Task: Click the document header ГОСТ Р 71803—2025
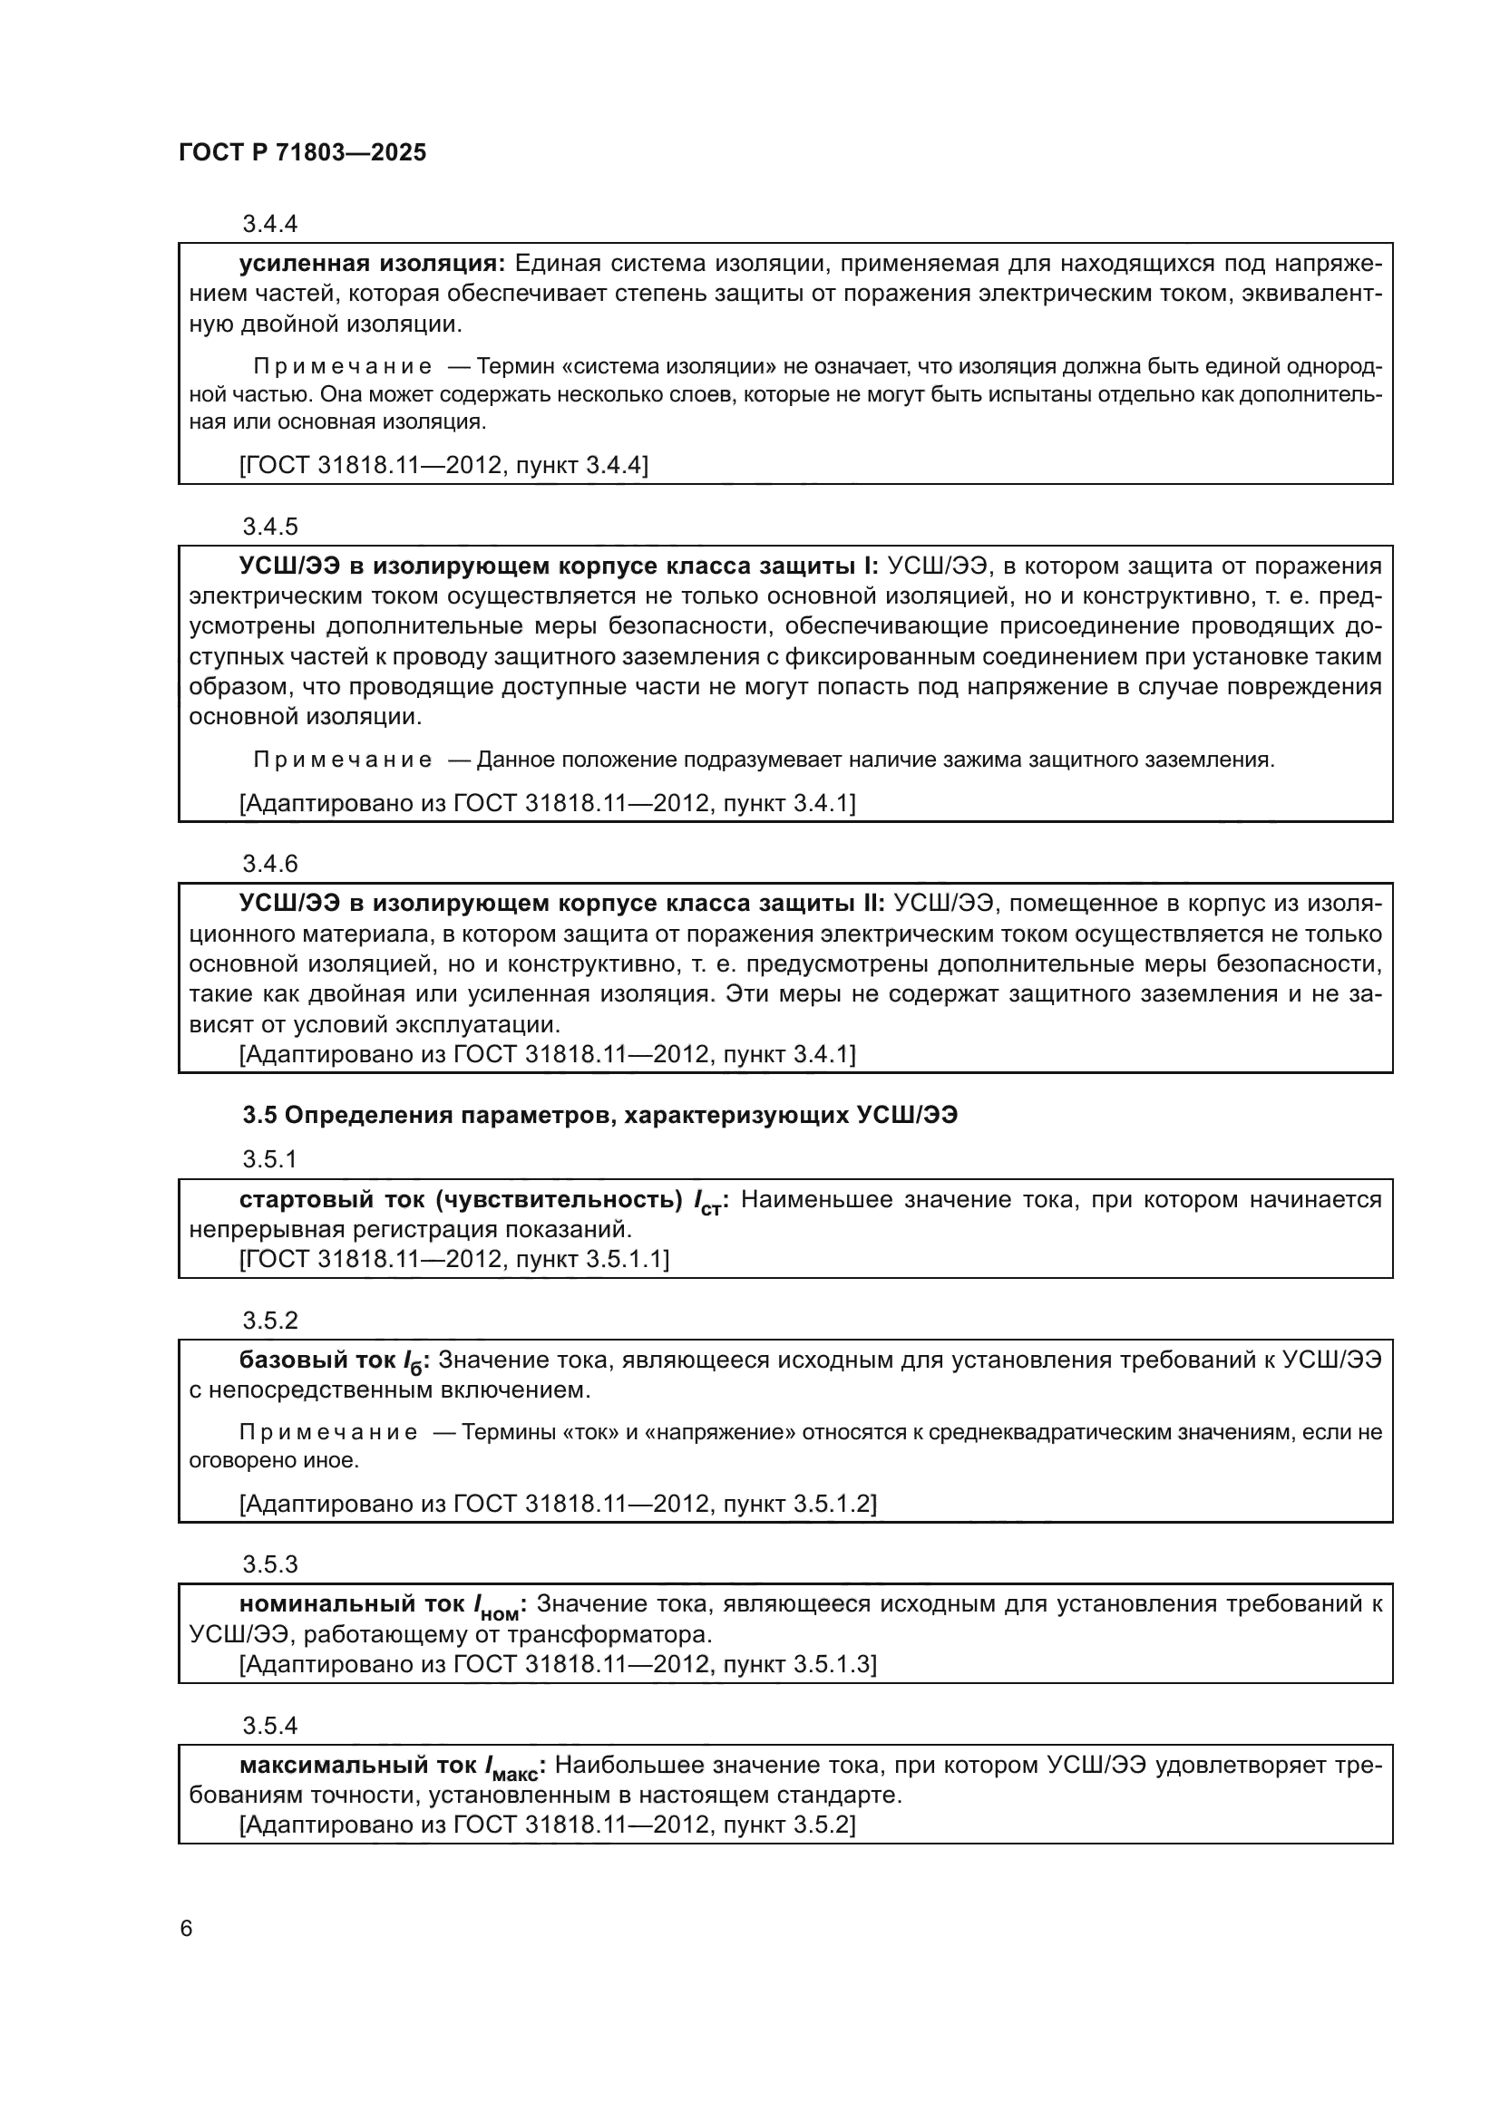pos(302,152)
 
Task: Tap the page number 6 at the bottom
pos(186,1929)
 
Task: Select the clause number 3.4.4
pos(269,224)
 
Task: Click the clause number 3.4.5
pos(269,527)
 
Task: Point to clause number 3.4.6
pos(269,864)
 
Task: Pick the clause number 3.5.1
pos(269,1159)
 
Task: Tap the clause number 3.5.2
pos(269,1321)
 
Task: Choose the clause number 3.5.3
pos(269,1564)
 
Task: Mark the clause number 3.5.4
pos(269,1725)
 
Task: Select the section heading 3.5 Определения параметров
pos(599,1116)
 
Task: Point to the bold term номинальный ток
pos(352,1604)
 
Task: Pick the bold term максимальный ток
pos(360,1766)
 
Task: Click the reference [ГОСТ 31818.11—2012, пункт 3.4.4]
pos(443,464)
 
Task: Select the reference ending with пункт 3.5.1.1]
pos(453,1259)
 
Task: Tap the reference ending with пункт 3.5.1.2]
pos(557,1503)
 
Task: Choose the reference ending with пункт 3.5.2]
pos(547,1825)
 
